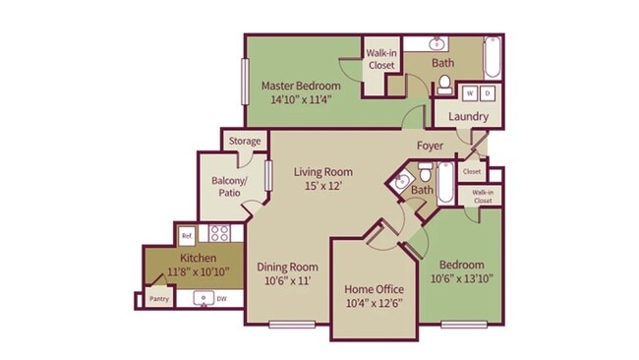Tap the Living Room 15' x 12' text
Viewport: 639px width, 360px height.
(323, 179)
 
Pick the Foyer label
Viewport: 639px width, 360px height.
(430, 147)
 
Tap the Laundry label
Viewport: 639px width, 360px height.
(468, 117)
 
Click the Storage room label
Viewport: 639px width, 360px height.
(245, 142)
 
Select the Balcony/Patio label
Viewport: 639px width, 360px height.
(227, 187)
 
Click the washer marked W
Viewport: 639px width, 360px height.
(469, 92)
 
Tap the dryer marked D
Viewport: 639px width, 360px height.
(487, 92)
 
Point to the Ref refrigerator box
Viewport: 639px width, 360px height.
(186, 235)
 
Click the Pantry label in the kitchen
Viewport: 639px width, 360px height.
(159, 298)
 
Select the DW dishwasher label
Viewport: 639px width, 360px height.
(221, 299)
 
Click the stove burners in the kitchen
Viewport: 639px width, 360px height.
(219, 234)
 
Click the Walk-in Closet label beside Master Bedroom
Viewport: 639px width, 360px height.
(381, 59)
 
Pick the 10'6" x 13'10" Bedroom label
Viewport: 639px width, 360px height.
(460, 272)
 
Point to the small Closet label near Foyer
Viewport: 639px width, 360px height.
(471, 170)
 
